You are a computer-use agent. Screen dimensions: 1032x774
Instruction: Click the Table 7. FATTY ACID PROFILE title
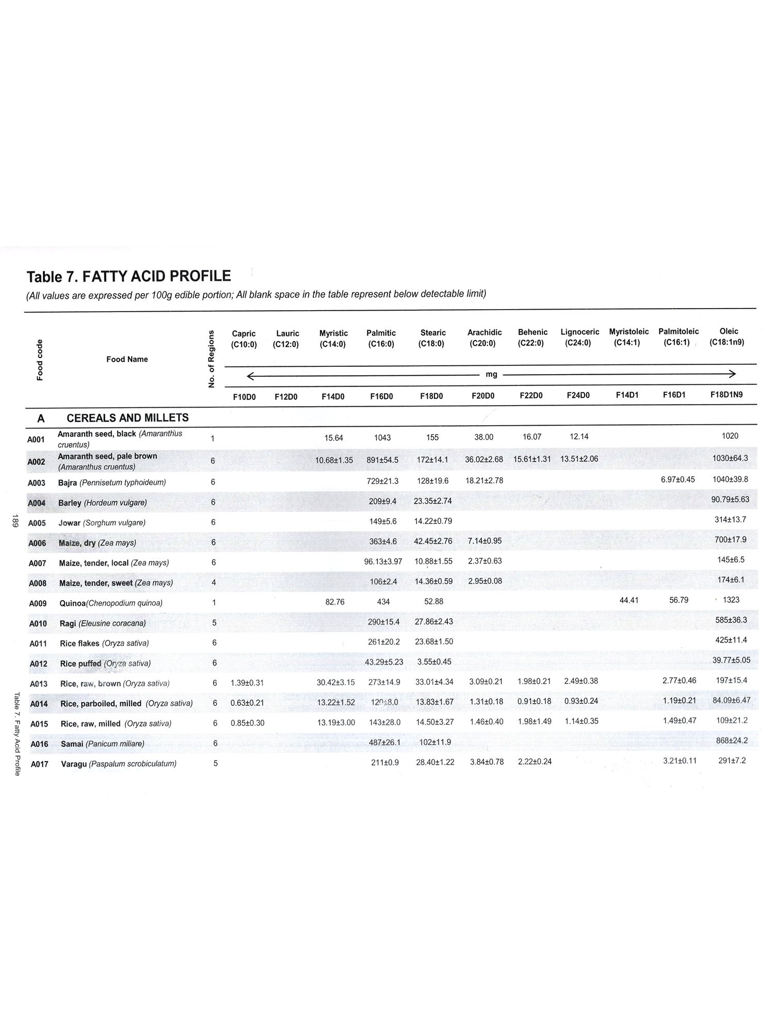click(129, 277)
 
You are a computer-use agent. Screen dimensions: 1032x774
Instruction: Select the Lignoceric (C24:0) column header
click(579, 337)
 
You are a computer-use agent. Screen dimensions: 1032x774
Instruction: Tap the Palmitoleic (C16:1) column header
click(678, 336)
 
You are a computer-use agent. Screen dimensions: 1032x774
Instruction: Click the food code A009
click(38, 603)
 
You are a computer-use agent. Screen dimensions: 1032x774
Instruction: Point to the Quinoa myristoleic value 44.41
click(629, 600)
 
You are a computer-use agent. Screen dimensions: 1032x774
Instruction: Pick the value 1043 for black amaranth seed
click(382, 438)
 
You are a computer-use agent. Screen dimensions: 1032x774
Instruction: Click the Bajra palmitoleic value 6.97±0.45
click(678, 479)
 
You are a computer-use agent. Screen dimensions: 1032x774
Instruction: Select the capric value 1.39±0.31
click(247, 683)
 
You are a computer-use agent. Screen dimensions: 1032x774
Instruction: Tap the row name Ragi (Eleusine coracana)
click(103, 623)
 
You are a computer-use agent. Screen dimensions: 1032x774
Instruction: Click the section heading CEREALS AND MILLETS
click(127, 418)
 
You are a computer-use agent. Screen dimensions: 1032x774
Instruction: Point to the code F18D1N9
click(726, 395)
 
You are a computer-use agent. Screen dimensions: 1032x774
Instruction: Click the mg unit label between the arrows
click(491, 374)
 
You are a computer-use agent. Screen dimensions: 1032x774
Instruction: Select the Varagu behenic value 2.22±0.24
click(535, 762)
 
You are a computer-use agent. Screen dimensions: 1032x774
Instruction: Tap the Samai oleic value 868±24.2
click(731, 740)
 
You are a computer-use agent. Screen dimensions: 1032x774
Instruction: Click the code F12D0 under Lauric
click(286, 396)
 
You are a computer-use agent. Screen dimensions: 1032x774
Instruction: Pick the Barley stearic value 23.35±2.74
click(433, 501)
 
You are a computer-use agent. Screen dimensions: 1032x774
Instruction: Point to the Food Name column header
click(127, 359)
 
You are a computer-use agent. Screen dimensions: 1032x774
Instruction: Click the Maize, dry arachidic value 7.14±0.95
click(485, 541)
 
